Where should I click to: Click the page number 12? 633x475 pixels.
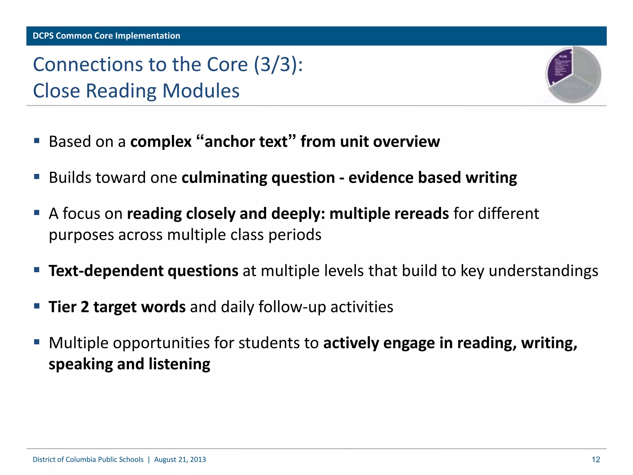(x=596, y=460)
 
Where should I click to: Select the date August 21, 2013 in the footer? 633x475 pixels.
(x=180, y=460)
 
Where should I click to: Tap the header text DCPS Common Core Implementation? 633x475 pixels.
(x=106, y=36)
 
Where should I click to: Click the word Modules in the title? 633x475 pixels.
(x=201, y=91)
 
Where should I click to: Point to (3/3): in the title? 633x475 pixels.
(x=278, y=65)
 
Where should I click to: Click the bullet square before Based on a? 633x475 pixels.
(x=37, y=141)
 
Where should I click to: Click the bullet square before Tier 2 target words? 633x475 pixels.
(x=37, y=306)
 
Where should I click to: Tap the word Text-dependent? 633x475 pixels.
(x=106, y=271)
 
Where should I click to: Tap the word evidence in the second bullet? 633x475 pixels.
(x=381, y=178)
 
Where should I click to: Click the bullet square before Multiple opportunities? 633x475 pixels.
(x=37, y=342)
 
